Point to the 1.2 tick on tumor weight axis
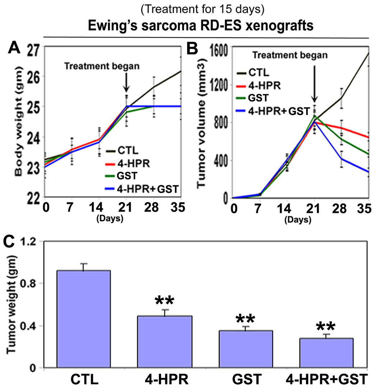(30, 242)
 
